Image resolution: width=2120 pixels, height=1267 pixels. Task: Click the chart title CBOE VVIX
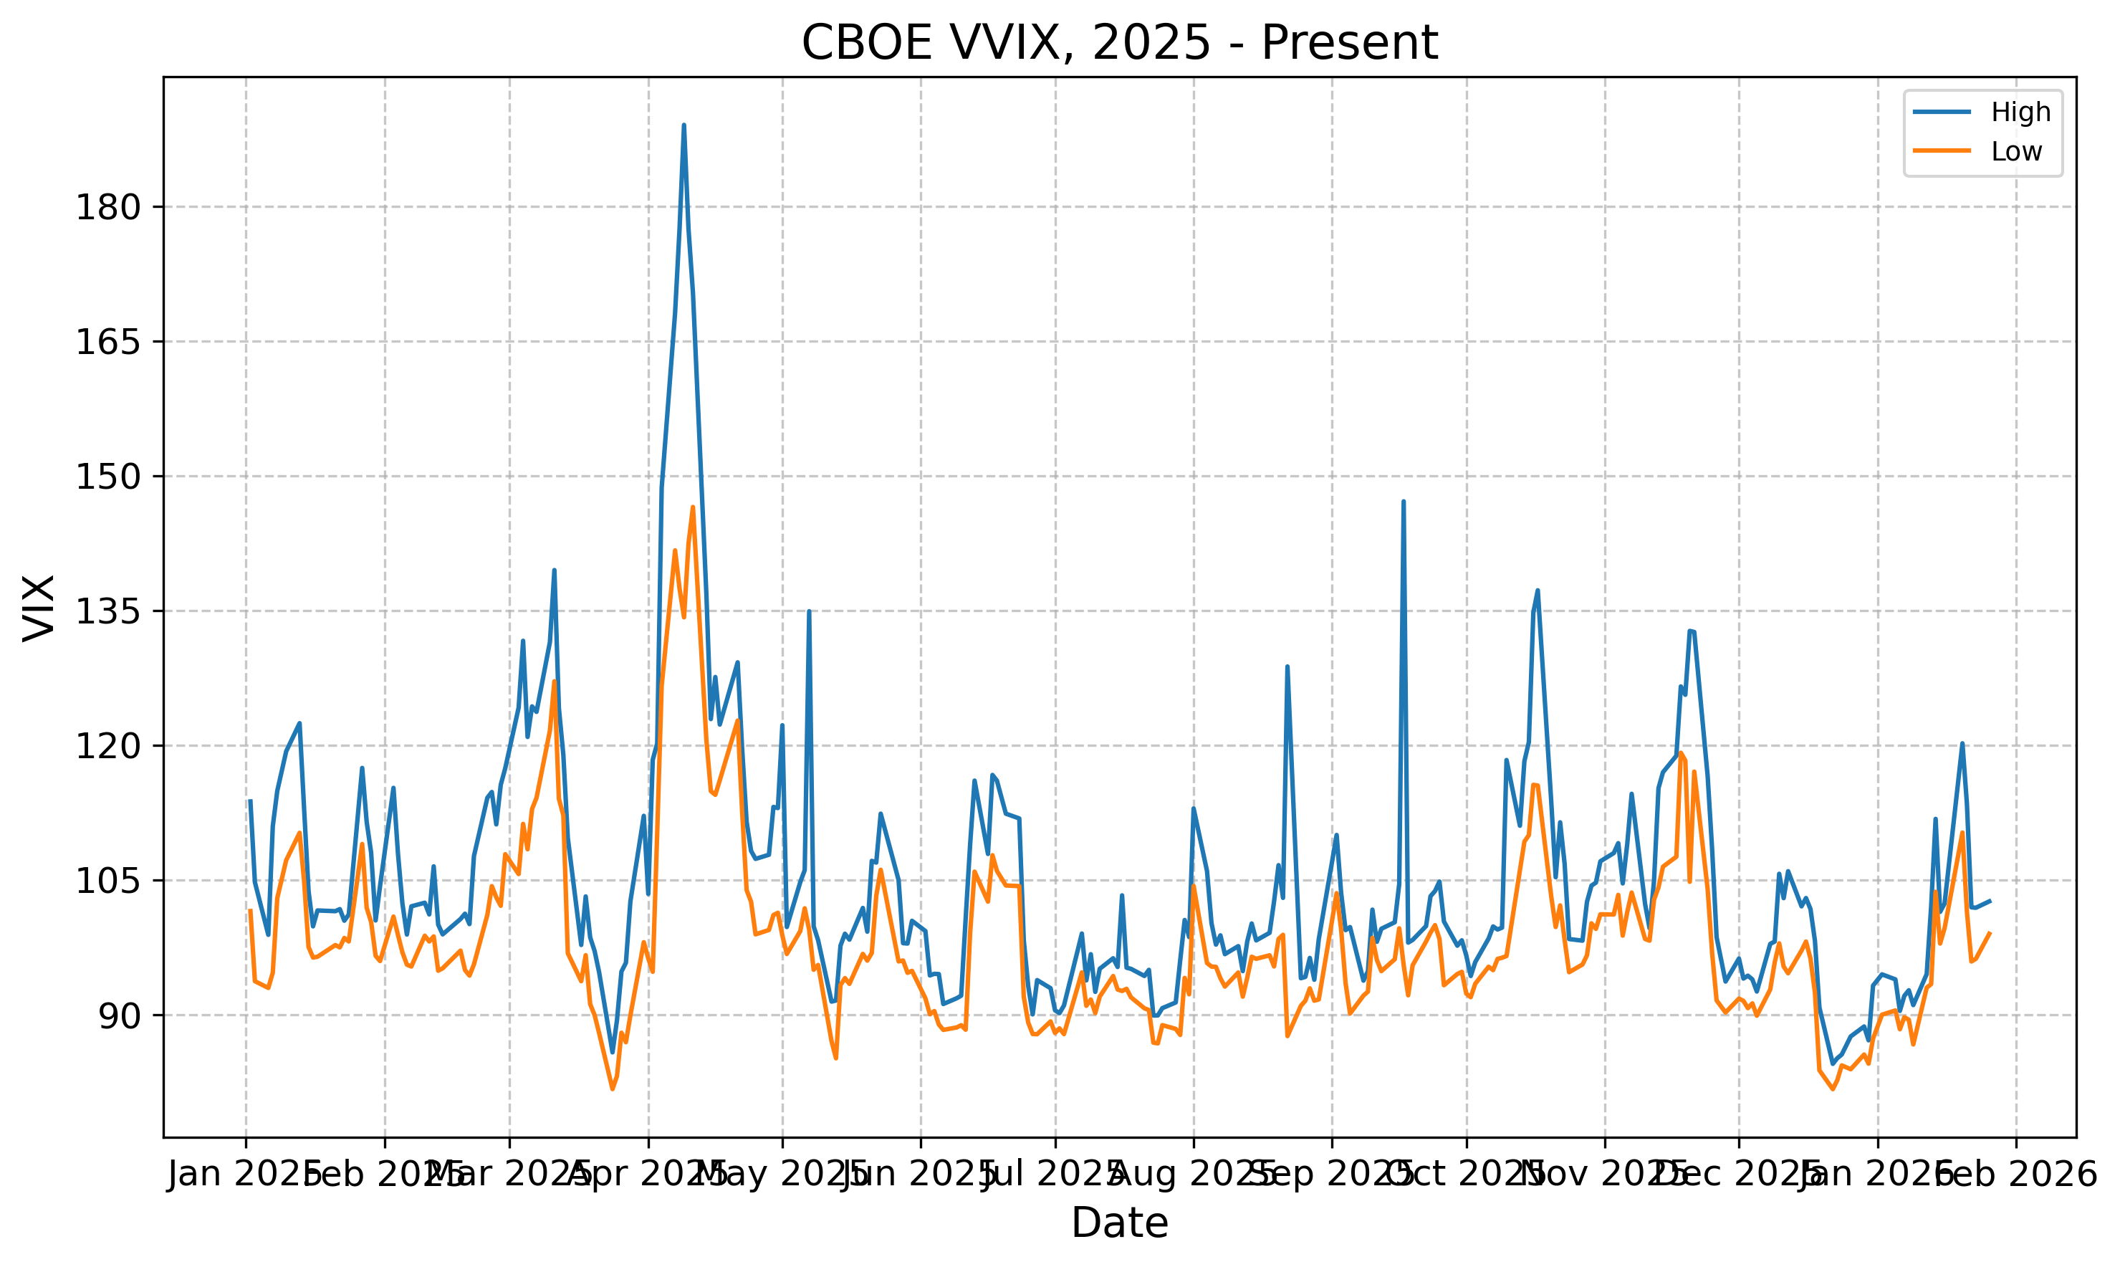(1119, 43)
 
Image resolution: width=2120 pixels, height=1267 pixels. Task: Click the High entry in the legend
(2019, 112)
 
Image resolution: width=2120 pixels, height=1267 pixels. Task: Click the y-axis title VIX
(39, 607)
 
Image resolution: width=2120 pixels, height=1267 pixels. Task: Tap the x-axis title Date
(1119, 1223)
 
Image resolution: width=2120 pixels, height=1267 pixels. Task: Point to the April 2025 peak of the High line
(684, 125)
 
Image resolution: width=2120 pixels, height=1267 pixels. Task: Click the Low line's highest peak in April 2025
(693, 507)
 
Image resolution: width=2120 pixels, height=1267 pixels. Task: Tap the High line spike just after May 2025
(808, 611)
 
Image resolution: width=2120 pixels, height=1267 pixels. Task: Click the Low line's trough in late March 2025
(612, 1089)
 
